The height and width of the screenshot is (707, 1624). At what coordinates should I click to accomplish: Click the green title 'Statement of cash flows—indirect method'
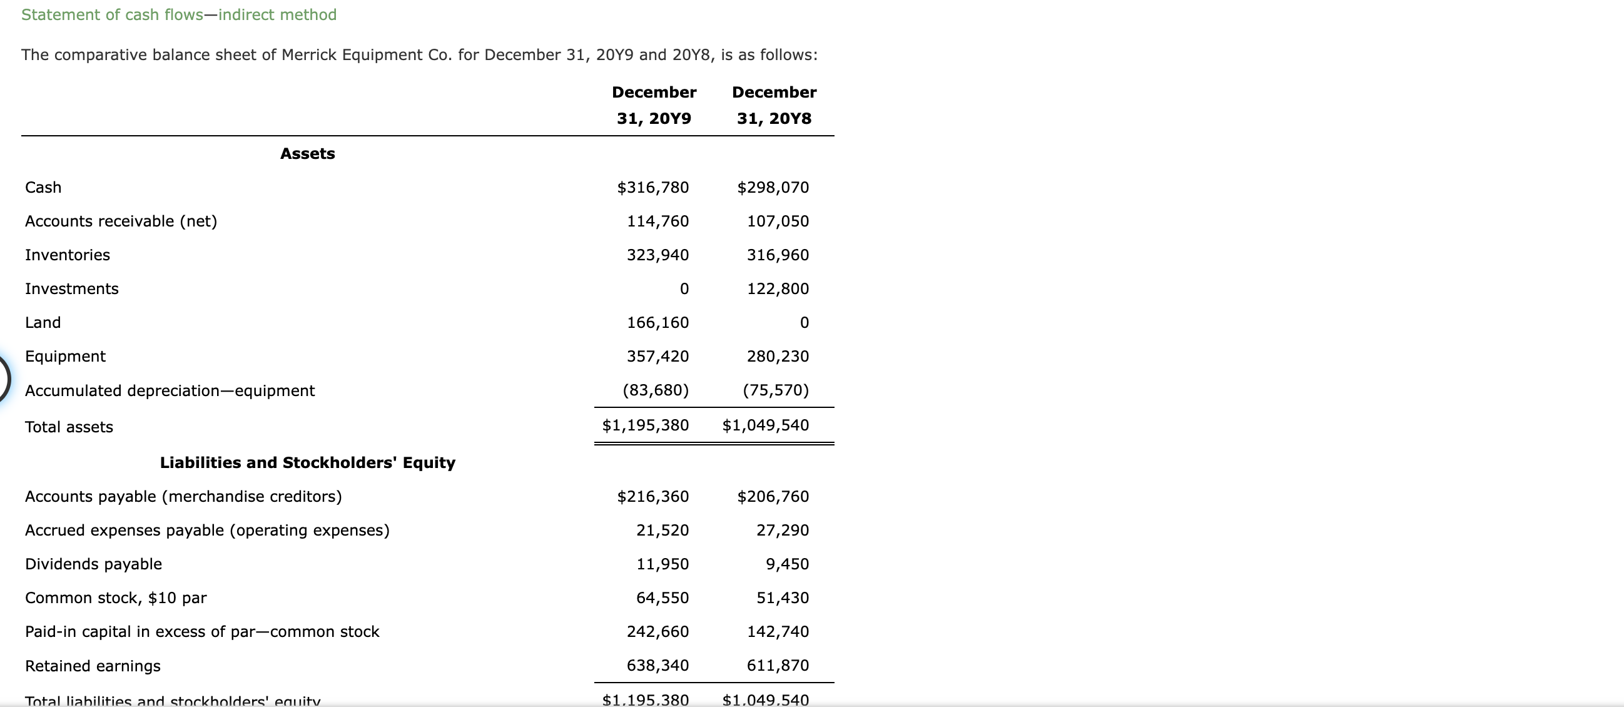click(179, 14)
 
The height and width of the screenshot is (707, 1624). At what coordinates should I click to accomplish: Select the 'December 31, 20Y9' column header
click(654, 105)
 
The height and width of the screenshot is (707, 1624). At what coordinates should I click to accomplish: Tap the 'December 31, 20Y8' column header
click(774, 105)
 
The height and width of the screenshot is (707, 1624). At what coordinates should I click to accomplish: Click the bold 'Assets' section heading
click(307, 153)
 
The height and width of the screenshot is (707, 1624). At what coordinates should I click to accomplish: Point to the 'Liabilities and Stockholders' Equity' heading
click(307, 462)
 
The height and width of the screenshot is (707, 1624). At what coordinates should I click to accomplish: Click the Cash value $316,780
click(652, 187)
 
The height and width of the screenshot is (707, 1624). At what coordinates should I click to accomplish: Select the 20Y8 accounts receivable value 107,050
click(778, 221)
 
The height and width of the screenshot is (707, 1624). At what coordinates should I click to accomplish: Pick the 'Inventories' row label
click(68, 255)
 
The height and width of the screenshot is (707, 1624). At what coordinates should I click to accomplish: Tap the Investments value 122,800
click(778, 289)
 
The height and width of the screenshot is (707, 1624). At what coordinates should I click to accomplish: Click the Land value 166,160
click(657, 323)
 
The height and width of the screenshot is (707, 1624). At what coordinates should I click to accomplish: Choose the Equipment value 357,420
click(657, 357)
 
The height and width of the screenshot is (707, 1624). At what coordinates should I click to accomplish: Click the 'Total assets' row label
click(69, 427)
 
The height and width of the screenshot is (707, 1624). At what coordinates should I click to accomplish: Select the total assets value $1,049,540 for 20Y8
click(765, 425)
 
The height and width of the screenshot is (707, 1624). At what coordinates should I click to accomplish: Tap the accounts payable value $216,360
click(652, 496)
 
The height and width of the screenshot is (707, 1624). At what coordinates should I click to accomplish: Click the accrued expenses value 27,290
click(783, 531)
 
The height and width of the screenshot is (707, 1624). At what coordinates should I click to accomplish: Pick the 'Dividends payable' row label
click(93, 564)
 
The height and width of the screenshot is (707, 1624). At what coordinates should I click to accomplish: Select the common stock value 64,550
click(662, 598)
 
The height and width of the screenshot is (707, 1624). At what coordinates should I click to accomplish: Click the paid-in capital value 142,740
click(778, 631)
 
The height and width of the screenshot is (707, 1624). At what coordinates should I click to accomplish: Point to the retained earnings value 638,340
click(657, 665)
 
